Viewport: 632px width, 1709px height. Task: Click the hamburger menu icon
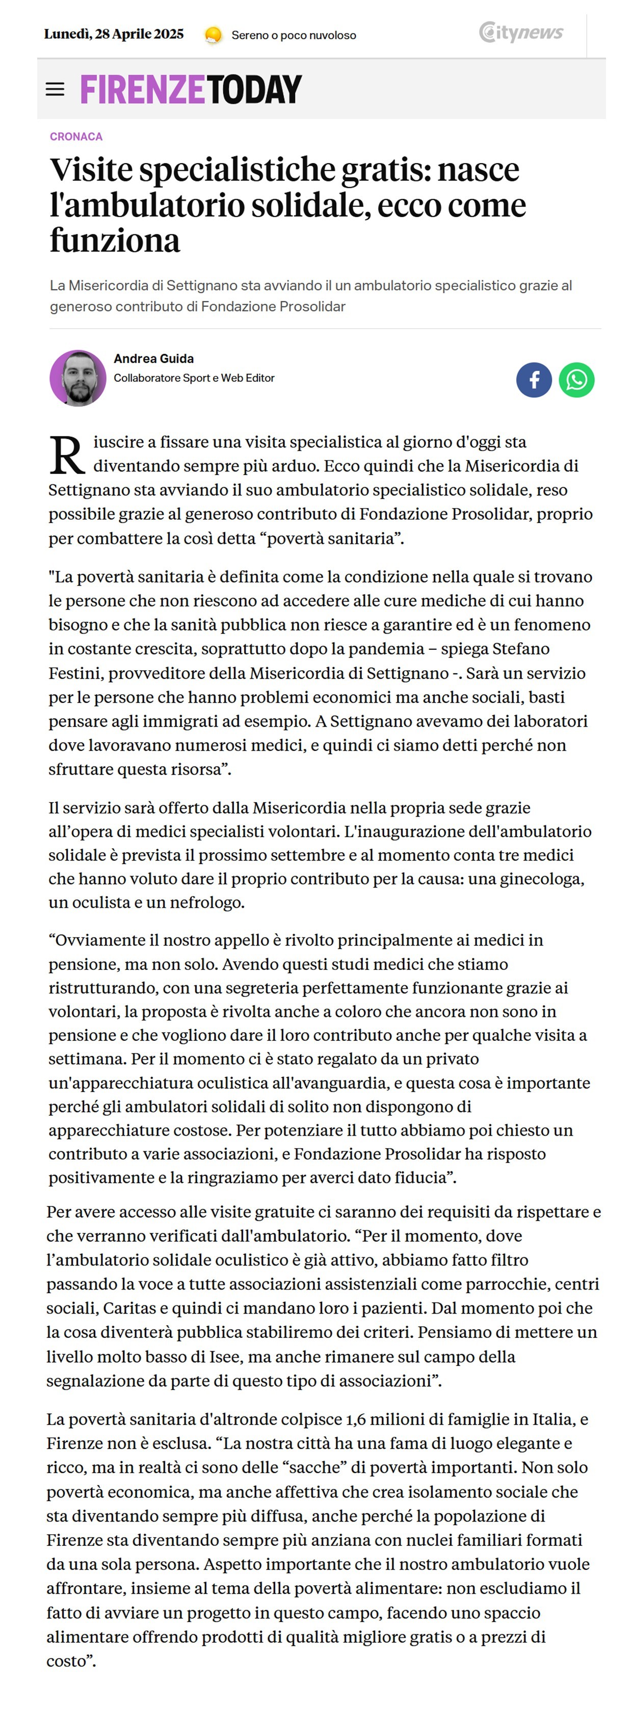[55, 89]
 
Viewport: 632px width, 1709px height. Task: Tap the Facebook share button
[534, 380]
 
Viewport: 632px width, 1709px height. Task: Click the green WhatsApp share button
[576, 380]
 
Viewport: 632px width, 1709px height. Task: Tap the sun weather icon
[213, 35]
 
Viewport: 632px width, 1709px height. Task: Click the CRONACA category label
[76, 137]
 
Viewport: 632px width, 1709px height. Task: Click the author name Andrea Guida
[154, 359]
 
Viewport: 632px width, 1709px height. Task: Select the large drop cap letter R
[67, 455]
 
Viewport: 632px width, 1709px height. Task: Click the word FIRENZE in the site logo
[142, 90]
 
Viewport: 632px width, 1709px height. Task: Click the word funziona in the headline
[115, 241]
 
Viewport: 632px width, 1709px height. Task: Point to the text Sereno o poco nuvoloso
[294, 35]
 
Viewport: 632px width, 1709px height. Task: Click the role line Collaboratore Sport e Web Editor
[194, 378]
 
